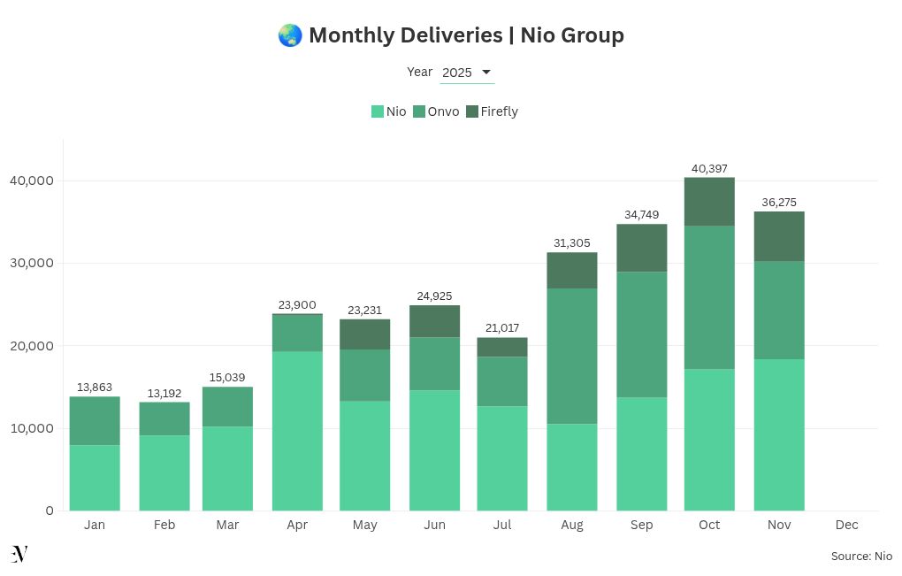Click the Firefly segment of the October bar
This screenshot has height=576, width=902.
pos(709,202)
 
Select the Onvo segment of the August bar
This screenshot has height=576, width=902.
pos(572,356)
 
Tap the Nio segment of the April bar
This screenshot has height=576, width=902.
pos(297,430)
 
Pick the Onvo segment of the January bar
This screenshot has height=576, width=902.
pos(95,420)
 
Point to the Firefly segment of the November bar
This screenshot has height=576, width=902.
pos(779,236)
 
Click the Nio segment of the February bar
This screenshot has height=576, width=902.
pos(164,472)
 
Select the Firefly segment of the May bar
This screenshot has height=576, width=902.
pos(364,334)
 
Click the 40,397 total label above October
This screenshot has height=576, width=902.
pos(709,168)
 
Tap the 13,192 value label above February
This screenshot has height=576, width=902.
pos(164,393)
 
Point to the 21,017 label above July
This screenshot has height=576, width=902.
pos(502,328)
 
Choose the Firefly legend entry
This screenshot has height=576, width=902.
pos(492,111)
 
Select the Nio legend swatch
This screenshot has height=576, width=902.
pos(378,111)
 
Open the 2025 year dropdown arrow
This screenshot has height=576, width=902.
pos(485,72)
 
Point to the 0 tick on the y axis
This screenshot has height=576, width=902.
pos(50,511)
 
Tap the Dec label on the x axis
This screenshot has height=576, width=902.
pos(846,525)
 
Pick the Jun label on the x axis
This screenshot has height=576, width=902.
pos(434,525)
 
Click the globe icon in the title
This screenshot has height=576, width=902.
pos(289,35)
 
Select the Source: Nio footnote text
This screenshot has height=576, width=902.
pos(861,557)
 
